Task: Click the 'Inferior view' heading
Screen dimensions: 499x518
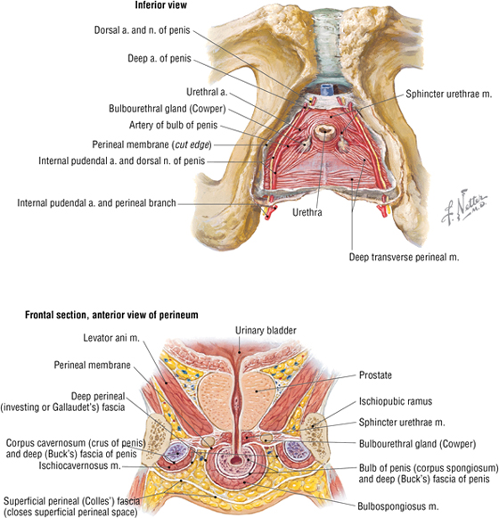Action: [160, 5]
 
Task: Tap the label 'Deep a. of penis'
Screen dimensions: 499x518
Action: [160, 59]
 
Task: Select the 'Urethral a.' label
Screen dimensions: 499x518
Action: [207, 92]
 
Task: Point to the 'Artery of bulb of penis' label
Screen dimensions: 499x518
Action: [174, 125]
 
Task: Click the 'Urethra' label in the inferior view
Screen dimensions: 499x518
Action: [307, 212]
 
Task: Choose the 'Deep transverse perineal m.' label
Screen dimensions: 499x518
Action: [405, 257]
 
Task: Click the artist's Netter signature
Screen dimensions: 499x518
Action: [464, 208]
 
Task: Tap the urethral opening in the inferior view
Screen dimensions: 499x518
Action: [324, 132]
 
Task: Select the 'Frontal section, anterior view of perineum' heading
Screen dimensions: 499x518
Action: [111, 315]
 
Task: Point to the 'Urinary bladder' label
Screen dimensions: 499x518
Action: [266, 331]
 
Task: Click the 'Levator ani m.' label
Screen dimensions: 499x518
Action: [111, 338]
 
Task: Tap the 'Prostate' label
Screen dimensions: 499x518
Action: [375, 375]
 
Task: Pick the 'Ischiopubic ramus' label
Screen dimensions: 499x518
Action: [396, 401]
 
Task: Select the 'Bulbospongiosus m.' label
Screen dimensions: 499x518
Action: [398, 506]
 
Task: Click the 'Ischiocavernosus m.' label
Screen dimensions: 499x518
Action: [79, 465]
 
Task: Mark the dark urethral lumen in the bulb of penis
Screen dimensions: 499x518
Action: [236, 460]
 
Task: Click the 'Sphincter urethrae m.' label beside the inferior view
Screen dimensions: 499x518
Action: [449, 94]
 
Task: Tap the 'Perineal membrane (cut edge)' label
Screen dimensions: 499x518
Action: [151, 144]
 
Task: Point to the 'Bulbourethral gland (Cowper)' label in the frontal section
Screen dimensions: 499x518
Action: [417, 444]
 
